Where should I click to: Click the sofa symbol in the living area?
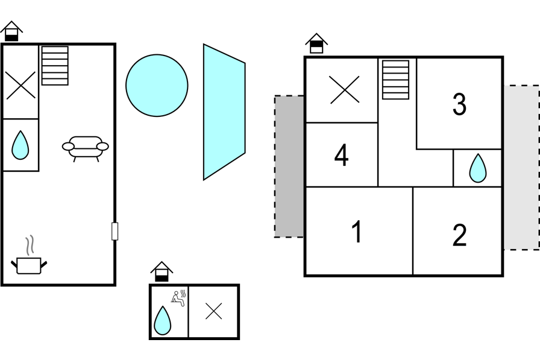tap(86, 148)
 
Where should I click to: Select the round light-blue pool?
tap(157, 86)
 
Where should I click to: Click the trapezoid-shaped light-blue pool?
tap(224, 112)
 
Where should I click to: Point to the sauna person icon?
tap(178, 298)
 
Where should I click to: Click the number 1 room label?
tap(357, 232)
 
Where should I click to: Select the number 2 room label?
tap(459, 235)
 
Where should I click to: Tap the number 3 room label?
tap(459, 104)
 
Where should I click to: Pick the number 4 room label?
tap(341, 156)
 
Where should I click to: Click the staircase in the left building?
tap(55, 66)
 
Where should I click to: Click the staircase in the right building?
tap(396, 80)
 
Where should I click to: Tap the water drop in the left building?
tap(20, 145)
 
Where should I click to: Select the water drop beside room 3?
tap(478, 168)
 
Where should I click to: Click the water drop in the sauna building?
tap(162, 320)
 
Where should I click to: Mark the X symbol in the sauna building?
tap(213, 311)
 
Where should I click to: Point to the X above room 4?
tap(344, 90)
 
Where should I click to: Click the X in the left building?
tap(20, 85)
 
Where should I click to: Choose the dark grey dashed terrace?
tap(289, 166)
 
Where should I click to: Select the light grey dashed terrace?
tap(522, 168)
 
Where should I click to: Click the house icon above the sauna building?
tap(162, 272)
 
